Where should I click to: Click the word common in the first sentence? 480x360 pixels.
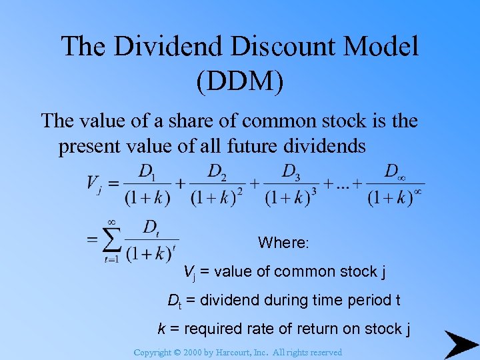273,121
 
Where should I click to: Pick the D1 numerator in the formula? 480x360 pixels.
146,173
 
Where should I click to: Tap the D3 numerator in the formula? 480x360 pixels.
290,173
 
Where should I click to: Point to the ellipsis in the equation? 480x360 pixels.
342,184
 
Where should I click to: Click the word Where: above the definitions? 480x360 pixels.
283,243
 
